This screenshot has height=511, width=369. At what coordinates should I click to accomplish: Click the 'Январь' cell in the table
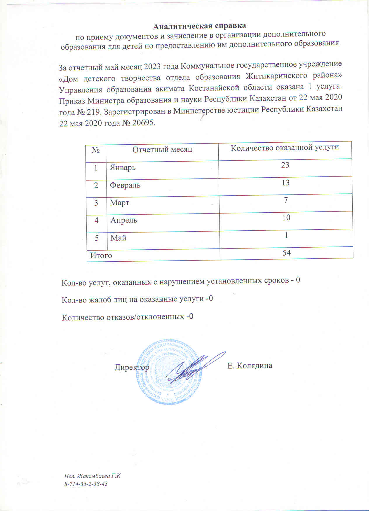pyautogui.click(x=123, y=168)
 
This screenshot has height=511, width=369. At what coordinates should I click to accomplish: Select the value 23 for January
pyautogui.click(x=285, y=165)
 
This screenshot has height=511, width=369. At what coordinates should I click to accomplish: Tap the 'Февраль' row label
pyautogui.click(x=125, y=185)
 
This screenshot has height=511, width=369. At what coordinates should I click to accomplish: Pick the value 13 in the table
pyautogui.click(x=285, y=183)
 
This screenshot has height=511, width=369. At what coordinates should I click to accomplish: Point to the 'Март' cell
pyautogui.click(x=119, y=203)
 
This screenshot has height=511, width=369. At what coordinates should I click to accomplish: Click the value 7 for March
pyautogui.click(x=286, y=200)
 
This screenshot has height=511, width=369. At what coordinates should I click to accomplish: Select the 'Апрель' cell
pyautogui.click(x=123, y=220)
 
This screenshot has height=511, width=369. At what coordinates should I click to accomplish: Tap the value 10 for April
pyautogui.click(x=286, y=218)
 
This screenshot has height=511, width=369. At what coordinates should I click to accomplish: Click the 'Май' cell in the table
pyautogui.click(x=118, y=238)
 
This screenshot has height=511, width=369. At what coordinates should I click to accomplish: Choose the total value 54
pyautogui.click(x=286, y=253)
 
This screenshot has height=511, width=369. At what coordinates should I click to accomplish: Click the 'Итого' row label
pyautogui.click(x=101, y=256)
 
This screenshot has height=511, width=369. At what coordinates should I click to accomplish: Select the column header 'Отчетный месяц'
pyautogui.click(x=162, y=150)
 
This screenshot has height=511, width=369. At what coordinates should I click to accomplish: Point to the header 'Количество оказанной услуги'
pyautogui.click(x=285, y=148)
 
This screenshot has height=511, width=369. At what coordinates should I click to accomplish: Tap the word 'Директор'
pyautogui.click(x=132, y=367)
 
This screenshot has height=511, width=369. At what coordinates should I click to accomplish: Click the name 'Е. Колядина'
pyautogui.click(x=250, y=365)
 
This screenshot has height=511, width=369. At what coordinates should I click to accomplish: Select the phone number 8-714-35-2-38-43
pyautogui.click(x=86, y=484)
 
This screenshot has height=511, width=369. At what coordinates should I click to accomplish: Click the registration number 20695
pyautogui.click(x=143, y=123)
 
